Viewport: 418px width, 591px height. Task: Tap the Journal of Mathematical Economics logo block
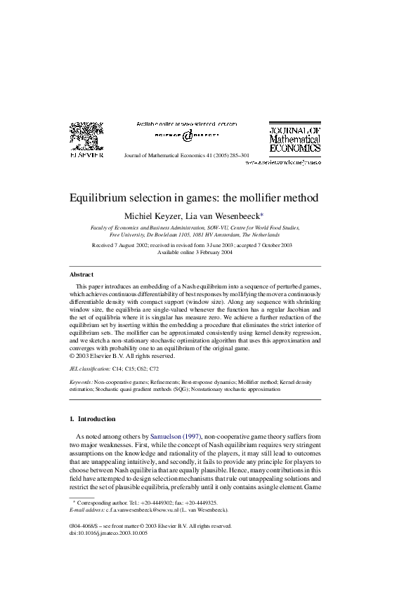(295, 139)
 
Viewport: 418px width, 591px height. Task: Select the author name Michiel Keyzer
(156, 215)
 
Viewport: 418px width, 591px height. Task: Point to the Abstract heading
(81, 274)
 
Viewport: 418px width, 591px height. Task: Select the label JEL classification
(91, 368)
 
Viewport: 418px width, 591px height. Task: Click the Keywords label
(84, 380)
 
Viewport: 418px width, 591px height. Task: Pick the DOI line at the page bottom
(109, 533)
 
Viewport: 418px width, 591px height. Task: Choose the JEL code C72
(154, 368)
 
